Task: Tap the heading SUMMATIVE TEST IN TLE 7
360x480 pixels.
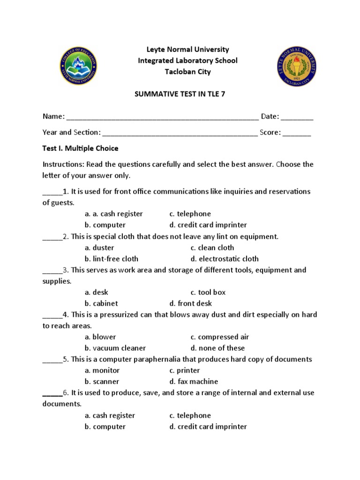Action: [180, 94]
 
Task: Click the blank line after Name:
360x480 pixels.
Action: [163, 117]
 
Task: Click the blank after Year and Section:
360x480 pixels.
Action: [180, 133]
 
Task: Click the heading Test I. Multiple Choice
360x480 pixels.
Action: [80, 149]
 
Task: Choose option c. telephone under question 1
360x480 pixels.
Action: [190, 214]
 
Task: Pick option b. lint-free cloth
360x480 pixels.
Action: [112, 259]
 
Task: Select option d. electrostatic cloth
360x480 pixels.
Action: [225, 259]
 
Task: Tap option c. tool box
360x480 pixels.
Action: [208, 292]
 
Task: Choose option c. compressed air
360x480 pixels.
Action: [220, 337]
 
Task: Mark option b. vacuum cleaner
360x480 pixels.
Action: [115, 348]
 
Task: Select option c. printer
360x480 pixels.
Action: [185, 370]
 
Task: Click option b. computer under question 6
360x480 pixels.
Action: [105, 427]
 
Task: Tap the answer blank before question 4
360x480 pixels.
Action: [52, 315]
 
